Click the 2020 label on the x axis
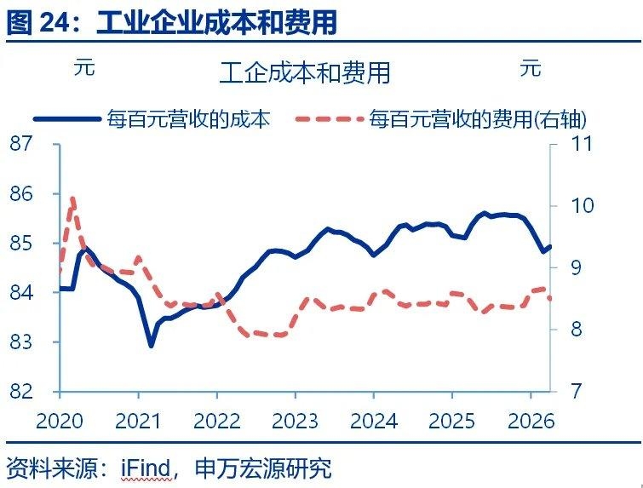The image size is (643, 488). (60, 421)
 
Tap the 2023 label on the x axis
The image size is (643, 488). (295, 421)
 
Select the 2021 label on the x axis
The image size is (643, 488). (138, 421)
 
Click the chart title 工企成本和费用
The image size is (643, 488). (304, 72)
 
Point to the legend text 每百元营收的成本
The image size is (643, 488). (188, 118)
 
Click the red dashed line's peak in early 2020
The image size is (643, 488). (73, 199)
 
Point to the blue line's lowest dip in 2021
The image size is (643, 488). (152, 345)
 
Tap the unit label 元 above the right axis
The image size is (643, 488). (531, 67)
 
